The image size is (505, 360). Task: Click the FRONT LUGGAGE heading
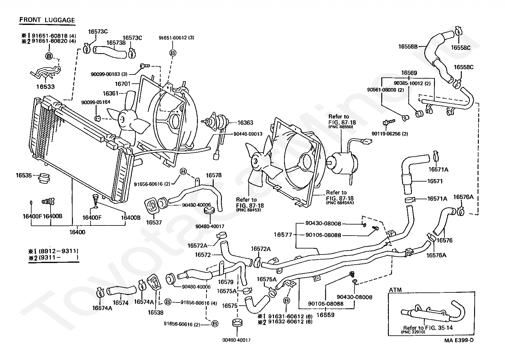[47, 20]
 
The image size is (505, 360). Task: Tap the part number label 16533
[45, 87]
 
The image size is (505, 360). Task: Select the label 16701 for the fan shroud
[123, 84]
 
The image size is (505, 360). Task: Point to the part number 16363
[245, 123]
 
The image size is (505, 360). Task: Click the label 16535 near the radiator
[24, 175]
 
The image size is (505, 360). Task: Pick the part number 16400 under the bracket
[77, 232]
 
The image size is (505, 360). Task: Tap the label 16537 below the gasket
[154, 222]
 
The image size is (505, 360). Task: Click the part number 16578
[214, 175]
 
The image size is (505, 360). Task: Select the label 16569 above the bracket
[409, 73]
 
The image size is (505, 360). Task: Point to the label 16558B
[408, 46]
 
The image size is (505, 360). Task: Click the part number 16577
[283, 235]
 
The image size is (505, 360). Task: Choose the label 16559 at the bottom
[325, 315]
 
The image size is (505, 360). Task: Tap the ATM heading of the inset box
[395, 290]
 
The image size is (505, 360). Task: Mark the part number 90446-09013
[248, 134]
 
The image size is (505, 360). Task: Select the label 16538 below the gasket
[156, 312]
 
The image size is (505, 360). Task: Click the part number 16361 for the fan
[110, 93]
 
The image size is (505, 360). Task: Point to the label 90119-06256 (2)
[389, 134]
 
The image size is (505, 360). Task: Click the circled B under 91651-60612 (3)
[173, 53]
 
